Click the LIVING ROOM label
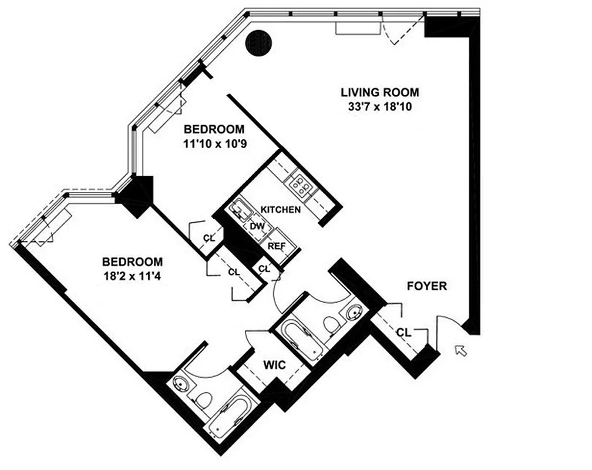pyautogui.click(x=380, y=92)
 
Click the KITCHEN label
pyautogui.click(x=281, y=210)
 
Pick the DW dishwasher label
pyautogui.click(x=256, y=226)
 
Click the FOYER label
pyautogui.click(x=427, y=287)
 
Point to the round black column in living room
pyautogui.click(x=258, y=43)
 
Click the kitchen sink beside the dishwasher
pyautogui.click(x=239, y=210)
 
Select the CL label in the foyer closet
pyautogui.click(x=402, y=333)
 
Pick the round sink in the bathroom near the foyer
pyautogui.click(x=355, y=312)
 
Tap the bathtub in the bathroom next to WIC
pyautogui.click(x=302, y=340)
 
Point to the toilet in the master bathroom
pyautogui.click(x=203, y=400)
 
